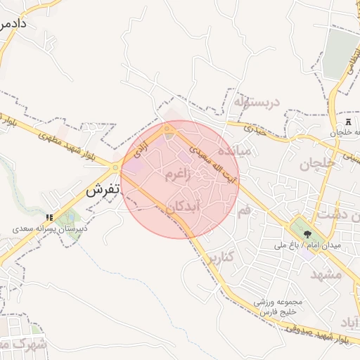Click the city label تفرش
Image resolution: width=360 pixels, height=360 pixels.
point(103,191)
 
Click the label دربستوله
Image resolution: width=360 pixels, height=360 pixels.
point(257,102)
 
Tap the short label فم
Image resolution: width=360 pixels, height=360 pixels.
point(244,210)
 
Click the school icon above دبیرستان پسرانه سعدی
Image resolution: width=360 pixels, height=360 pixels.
point(49,219)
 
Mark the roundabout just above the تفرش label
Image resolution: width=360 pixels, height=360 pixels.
point(115,168)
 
